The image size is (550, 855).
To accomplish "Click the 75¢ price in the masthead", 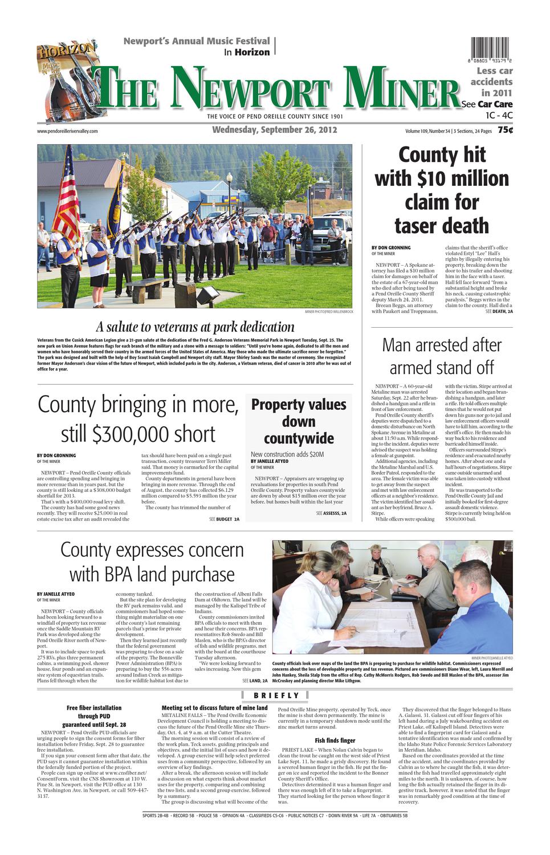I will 505,130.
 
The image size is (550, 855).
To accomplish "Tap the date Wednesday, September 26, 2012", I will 275,130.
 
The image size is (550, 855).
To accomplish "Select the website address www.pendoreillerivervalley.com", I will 67,131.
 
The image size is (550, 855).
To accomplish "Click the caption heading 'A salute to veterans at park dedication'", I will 195,327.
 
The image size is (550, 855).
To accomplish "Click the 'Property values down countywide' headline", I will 299,422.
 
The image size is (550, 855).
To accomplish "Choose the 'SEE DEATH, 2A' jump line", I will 499,312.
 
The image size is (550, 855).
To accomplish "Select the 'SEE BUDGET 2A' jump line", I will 224,520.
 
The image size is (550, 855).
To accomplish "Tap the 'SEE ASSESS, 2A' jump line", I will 331,514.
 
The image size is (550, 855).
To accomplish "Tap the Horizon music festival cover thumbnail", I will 63,80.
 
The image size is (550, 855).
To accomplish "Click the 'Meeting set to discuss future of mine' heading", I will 214,708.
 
